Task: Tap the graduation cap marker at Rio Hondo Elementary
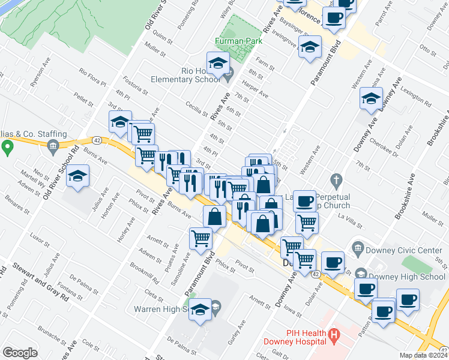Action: pos(218,63)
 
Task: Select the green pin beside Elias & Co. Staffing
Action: pos(7,146)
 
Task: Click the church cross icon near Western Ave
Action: pos(336,179)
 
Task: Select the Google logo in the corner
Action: pos(20,353)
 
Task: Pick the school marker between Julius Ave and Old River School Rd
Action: pos(78,177)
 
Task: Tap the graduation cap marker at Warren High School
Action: pos(202,309)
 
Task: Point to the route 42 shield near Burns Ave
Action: pos(97,140)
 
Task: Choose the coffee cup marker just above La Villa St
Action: pos(305,200)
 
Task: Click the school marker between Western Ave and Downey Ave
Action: pos(371,98)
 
